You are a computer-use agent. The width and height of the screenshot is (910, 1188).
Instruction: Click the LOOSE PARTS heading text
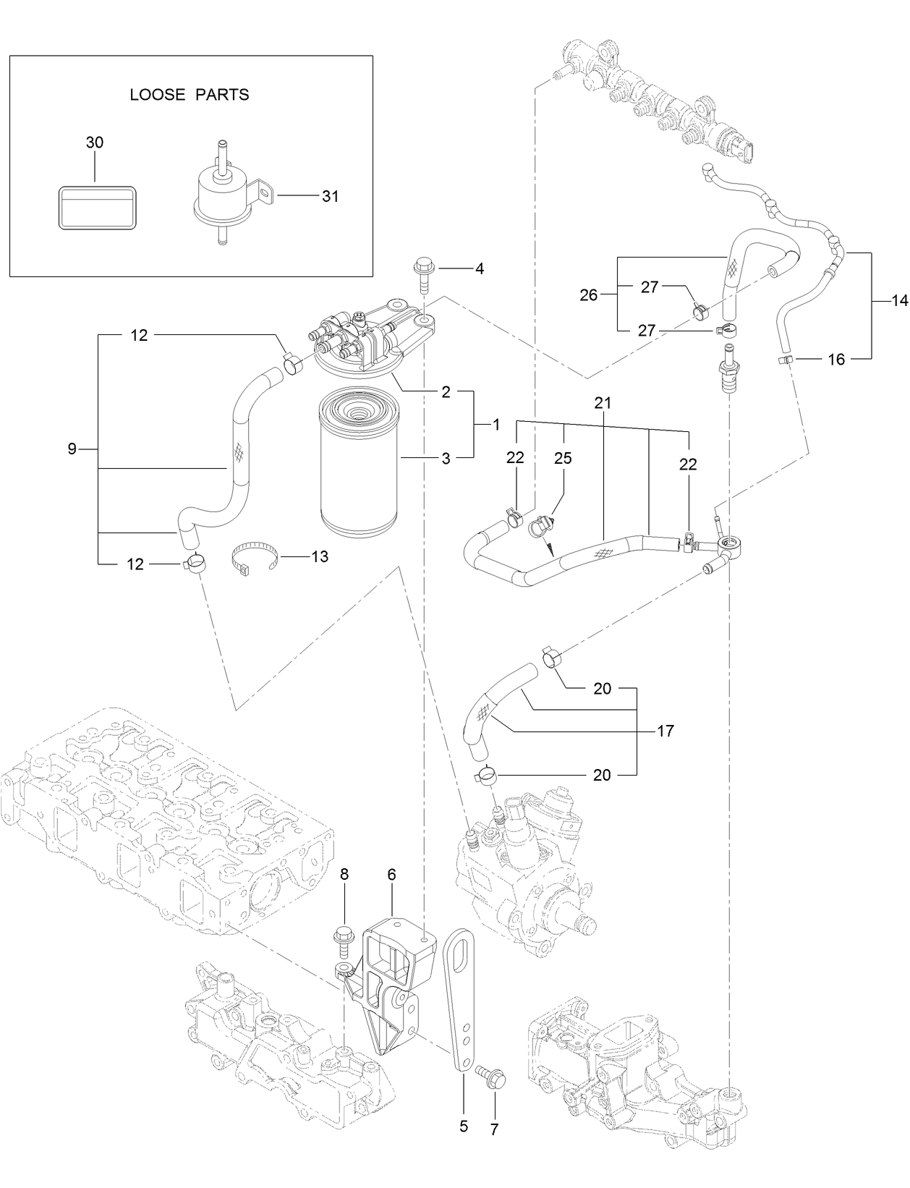pyautogui.click(x=189, y=94)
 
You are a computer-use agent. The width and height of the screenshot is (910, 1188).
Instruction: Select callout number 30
pyautogui.click(x=95, y=143)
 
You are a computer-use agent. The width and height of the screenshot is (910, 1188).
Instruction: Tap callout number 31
pyautogui.click(x=330, y=196)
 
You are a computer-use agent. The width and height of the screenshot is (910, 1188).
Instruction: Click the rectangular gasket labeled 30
pyautogui.click(x=97, y=208)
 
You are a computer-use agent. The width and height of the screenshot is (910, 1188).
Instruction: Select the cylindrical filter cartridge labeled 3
pyautogui.click(x=358, y=459)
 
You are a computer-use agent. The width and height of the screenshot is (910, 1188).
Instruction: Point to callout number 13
pyautogui.click(x=319, y=556)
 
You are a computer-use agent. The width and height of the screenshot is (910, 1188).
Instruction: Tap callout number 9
pyautogui.click(x=72, y=449)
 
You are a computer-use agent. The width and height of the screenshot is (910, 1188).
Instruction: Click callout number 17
pyautogui.click(x=665, y=731)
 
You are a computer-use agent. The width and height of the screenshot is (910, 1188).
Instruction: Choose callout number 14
pyautogui.click(x=899, y=302)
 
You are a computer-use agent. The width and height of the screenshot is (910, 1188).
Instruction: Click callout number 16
pyautogui.click(x=836, y=359)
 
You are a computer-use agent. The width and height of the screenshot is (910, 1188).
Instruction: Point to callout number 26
pyautogui.click(x=589, y=294)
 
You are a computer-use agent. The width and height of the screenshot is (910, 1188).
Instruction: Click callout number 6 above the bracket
pyautogui.click(x=391, y=874)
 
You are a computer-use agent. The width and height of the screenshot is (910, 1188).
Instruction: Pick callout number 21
pyautogui.click(x=603, y=403)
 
